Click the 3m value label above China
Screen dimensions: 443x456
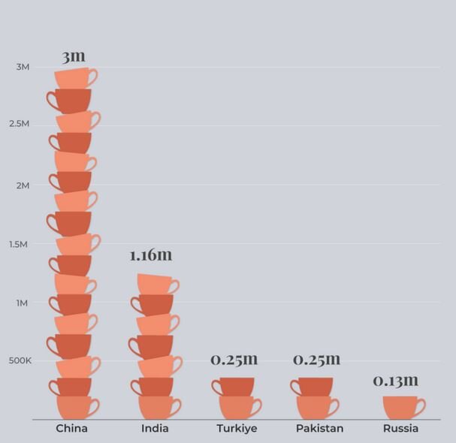pos(74,56)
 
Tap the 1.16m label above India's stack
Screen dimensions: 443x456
pos(150,255)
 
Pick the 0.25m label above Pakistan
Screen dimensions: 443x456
pos(316,360)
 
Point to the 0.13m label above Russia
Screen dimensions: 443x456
pos(396,381)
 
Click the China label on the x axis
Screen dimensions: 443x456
pos(72,429)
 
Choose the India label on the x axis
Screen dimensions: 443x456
pos(155,429)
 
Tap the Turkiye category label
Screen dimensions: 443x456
pos(236,429)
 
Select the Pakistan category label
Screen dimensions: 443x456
pos(319,429)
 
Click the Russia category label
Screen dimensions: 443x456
pos(400,429)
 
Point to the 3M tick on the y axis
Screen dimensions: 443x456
pos(23,68)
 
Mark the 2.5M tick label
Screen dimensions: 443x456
pos(19,123)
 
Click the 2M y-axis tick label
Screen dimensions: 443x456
pos(23,185)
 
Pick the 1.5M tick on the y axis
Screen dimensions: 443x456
pos(19,244)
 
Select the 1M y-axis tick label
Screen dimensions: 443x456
pos(23,303)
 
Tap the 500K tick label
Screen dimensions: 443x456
pos(20,360)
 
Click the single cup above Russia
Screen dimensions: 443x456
pos(403,406)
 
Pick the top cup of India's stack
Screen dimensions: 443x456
pos(156,284)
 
